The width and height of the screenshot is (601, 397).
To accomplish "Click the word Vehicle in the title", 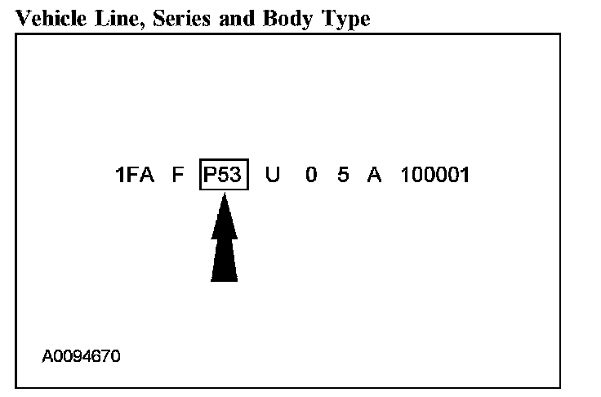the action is tap(45, 19).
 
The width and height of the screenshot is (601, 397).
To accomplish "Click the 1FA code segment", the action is tap(135, 176).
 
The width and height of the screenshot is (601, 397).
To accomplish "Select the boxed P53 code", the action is tap(223, 176).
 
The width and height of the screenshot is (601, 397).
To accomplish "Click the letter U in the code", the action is tap(273, 176).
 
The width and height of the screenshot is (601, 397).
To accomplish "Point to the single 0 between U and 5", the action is tap(311, 176).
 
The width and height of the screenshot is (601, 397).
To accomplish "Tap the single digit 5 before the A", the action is tap(343, 176).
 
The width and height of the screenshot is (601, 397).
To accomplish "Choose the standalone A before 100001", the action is tap(375, 176).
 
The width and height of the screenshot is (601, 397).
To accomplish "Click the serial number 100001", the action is tap(435, 176).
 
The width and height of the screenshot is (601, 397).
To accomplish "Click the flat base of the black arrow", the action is tap(224, 279).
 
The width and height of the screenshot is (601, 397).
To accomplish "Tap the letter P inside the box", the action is tap(210, 176).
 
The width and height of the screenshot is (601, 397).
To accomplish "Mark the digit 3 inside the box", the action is tap(236, 176).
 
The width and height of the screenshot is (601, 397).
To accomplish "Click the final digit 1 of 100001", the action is tap(465, 176).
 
